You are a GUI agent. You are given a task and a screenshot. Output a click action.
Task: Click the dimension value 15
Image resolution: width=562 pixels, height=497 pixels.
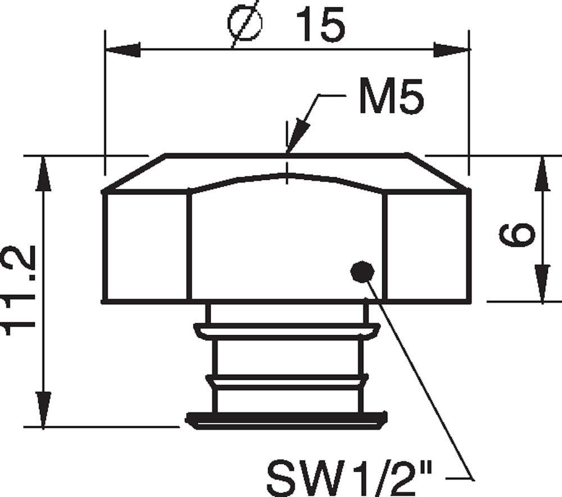[x=320, y=26]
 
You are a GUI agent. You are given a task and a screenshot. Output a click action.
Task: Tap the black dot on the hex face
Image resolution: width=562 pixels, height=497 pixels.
[x=362, y=272]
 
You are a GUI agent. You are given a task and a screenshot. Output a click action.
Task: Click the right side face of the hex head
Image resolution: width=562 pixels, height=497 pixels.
[x=427, y=246]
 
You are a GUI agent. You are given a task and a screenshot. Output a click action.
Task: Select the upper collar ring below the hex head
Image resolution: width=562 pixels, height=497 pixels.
[x=287, y=331]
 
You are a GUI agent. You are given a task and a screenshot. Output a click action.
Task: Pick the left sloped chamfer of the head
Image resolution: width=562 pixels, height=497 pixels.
[x=135, y=173]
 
